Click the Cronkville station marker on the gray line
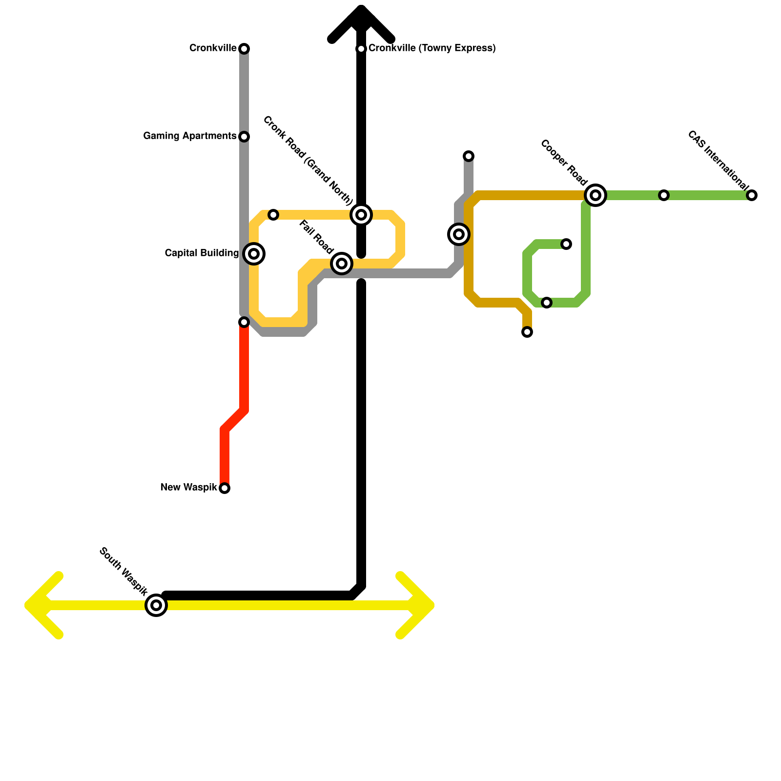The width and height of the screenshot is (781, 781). (x=244, y=49)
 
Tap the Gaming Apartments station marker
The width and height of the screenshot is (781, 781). (x=244, y=137)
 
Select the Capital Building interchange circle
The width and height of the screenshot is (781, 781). (x=254, y=254)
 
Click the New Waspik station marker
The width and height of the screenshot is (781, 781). (x=225, y=488)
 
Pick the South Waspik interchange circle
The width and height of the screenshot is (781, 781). (x=156, y=605)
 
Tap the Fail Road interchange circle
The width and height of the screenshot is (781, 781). (x=342, y=264)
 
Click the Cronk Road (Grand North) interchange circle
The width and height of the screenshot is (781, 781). (x=361, y=215)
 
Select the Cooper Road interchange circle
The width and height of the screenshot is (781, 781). (x=596, y=195)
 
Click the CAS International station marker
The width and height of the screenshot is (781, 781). (x=752, y=195)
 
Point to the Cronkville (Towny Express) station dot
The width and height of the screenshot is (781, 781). (x=361, y=49)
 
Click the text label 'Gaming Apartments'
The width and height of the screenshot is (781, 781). (x=190, y=136)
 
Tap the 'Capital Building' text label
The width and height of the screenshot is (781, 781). (x=202, y=253)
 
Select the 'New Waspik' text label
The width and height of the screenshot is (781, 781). (x=188, y=487)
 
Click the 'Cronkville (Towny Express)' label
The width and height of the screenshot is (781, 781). (x=432, y=48)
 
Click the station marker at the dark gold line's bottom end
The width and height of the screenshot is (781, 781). (x=527, y=332)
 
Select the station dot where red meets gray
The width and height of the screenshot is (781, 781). (x=244, y=322)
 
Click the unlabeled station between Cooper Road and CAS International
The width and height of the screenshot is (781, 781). (x=664, y=195)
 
